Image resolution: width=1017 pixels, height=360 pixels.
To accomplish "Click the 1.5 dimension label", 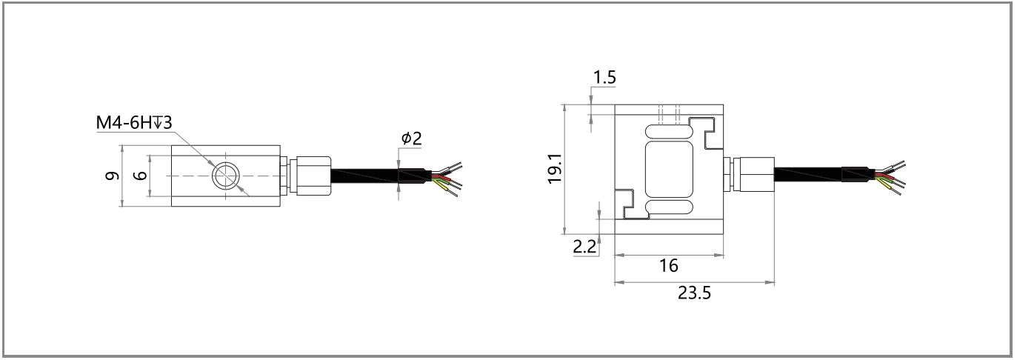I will [x=604, y=78].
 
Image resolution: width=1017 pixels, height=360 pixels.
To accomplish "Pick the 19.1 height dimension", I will [x=555, y=169].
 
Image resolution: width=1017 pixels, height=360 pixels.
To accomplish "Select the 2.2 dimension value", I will [x=585, y=247].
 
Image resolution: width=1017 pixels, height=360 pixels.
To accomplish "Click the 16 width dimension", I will [x=668, y=266].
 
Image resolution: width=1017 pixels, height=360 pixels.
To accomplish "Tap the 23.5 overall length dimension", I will [x=694, y=292].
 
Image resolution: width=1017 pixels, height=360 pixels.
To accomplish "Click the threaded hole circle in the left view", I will [x=224, y=176].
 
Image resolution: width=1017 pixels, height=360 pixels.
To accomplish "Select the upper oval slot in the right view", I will [x=670, y=131].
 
